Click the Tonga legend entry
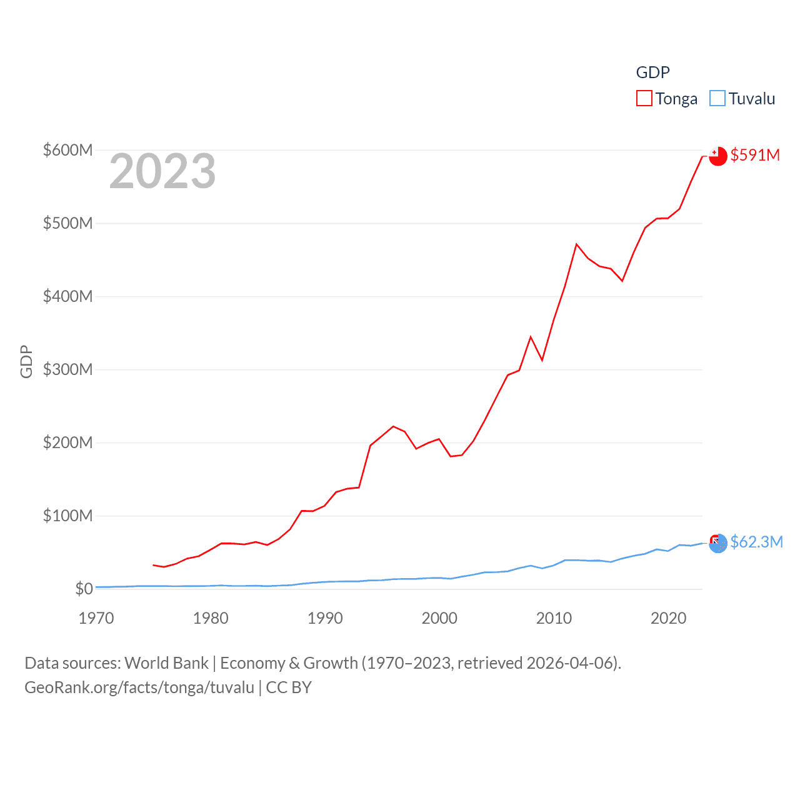pyautogui.click(x=667, y=99)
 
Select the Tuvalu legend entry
pyautogui.click(x=742, y=99)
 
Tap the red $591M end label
pyautogui.click(x=755, y=155)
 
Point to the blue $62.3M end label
pyautogui.click(x=756, y=542)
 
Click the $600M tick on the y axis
pyautogui.click(x=67, y=150)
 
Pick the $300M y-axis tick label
pyautogui.click(x=67, y=369)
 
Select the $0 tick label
pyautogui.click(x=84, y=589)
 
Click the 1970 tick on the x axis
pyautogui.click(x=96, y=618)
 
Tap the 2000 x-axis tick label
pyautogui.click(x=439, y=618)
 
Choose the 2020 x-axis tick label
pyautogui.click(x=668, y=618)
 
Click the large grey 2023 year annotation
pyautogui.click(x=162, y=171)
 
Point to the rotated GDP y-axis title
pyautogui.click(x=26, y=361)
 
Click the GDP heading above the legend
pyautogui.click(x=652, y=72)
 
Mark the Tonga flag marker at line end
pyautogui.click(x=718, y=156)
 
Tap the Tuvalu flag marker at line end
pyautogui.click(x=718, y=542)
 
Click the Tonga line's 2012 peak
pyautogui.click(x=576, y=244)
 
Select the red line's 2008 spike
pyautogui.click(x=531, y=337)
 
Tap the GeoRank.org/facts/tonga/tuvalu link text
pyautogui.click(x=139, y=687)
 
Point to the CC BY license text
pyautogui.click(x=289, y=687)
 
